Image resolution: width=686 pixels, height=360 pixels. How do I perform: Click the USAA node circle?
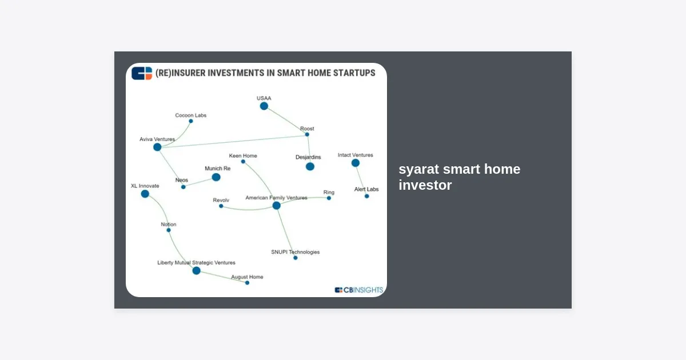(x=264, y=106)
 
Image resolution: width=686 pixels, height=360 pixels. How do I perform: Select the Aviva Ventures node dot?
(x=157, y=147)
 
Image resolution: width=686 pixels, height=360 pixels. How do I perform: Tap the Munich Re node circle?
(x=216, y=177)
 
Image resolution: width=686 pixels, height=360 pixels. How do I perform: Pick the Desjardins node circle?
(x=310, y=166)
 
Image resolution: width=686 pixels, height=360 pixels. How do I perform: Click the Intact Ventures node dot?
(x=355, y=163)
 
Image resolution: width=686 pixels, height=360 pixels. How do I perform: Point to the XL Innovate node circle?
(x=145, y=194)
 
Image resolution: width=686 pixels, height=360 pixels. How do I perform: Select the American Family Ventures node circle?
(x=276, y=206)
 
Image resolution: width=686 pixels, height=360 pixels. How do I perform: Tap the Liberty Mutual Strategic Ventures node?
(x=196, y=271)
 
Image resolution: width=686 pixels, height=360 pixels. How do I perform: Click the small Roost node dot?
(x=307, y=134)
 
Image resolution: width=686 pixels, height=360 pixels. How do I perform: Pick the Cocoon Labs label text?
(x=191, y=115)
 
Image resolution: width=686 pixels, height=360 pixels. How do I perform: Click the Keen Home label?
(x=243, y=156)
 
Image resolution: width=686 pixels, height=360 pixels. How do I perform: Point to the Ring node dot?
(x=329, y=198)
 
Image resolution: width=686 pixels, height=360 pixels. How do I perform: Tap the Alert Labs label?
(x=366, y=189)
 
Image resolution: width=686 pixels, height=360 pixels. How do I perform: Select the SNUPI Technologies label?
(x=295, y=252)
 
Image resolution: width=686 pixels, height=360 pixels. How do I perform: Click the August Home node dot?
(x=247, y=283)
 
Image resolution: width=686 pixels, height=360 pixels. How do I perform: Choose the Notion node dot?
(x=169, y=230)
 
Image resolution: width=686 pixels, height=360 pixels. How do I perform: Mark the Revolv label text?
(x=221, y=200)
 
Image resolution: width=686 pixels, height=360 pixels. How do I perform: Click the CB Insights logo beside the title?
(x=142, y=74)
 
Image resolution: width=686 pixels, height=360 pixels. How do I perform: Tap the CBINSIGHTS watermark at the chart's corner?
(x=358, y=290)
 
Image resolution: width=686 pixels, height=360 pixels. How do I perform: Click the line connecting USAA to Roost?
(x=285, y=121)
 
